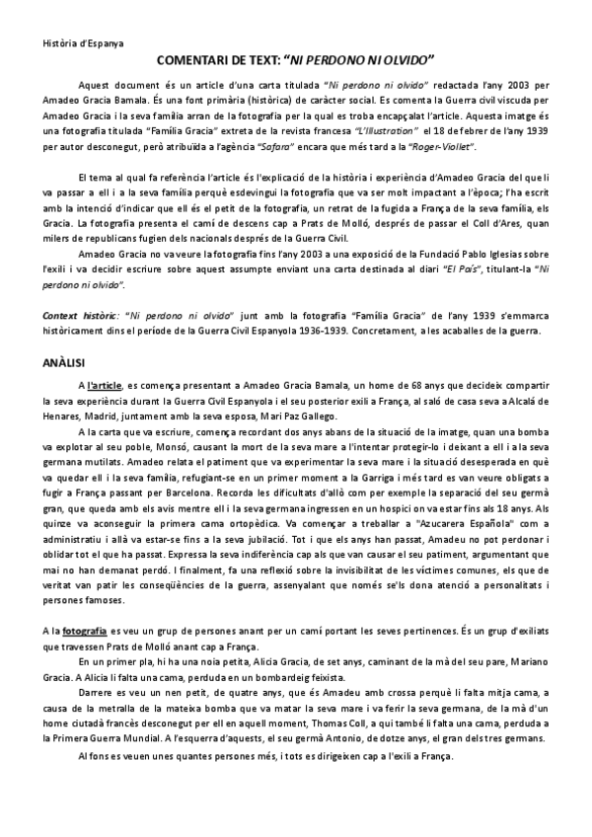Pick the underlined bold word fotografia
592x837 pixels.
80,630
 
